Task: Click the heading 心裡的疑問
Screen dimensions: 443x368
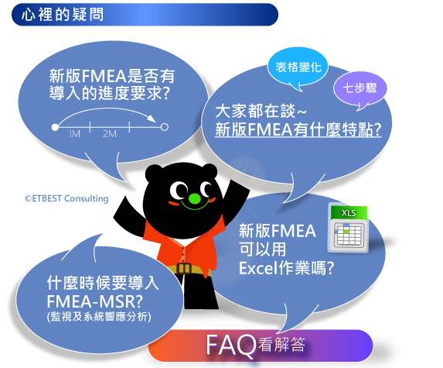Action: pos(63,15)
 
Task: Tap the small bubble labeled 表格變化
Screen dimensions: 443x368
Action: pos(298,68)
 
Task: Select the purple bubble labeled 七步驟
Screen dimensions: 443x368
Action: pos(360,88)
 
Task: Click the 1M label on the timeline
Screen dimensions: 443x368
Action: pos(74,133)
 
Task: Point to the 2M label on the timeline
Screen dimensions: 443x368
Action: pos(110,133)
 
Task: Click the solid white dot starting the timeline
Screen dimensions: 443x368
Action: pos(55,127)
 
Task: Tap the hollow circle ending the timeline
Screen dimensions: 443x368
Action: pos(165,127)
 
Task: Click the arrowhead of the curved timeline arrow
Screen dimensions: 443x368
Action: pos(152,119)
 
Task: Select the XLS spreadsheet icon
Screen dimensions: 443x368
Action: pos(349,229)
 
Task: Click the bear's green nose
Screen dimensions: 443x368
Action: pos(194,198)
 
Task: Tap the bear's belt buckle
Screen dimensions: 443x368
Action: pos(184,268)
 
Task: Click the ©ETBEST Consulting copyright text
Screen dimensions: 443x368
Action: pos(66,198)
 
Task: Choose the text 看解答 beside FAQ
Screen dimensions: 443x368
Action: pos(281,345)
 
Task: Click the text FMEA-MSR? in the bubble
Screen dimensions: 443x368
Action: pos(95,301)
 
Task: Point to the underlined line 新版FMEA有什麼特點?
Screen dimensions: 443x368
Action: pos(298,129)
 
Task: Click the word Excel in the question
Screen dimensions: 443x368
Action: pos(258,268)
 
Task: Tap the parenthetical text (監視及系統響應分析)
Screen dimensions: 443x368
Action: pos(99,316)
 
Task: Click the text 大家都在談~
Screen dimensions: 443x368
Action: pos(261,111)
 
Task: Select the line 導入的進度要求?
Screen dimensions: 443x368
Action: pos(110,93)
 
